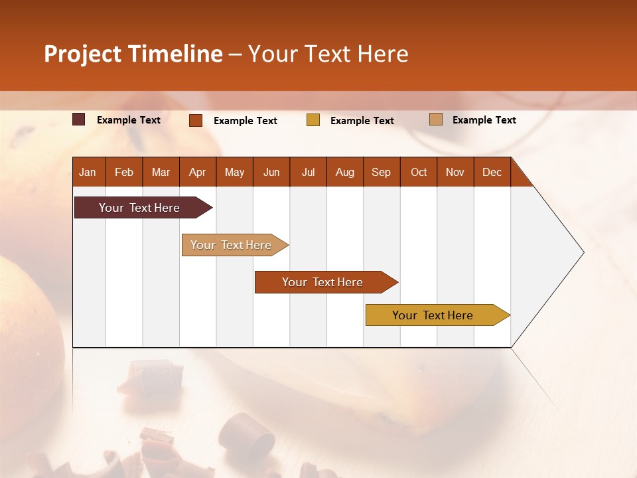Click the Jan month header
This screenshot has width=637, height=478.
(88, 172)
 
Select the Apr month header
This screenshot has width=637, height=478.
(197, 172)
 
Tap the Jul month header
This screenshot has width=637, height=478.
(308, 172)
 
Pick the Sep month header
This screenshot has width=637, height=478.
(381, 172)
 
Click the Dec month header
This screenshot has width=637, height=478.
(492, 172)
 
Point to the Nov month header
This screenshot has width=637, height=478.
(455, 172)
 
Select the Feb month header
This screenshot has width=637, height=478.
(124, 172)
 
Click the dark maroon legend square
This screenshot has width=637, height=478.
(78, 119)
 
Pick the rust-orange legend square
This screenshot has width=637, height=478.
(195, 120)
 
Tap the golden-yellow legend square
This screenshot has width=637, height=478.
(313, 120)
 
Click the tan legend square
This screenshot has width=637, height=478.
(435, 119)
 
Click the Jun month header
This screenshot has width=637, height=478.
(271, 172)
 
